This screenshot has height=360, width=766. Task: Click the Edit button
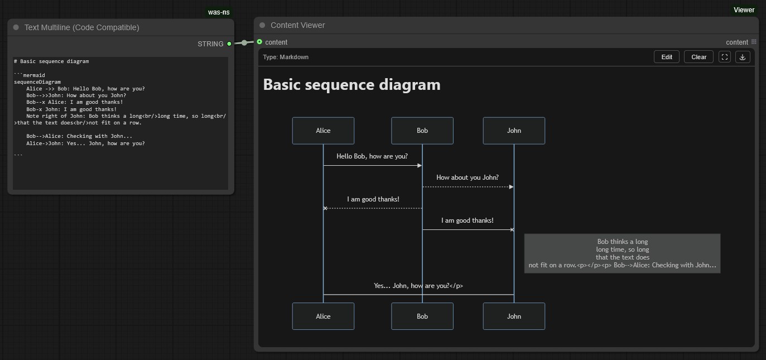[667, 57]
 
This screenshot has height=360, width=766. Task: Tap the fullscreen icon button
[725, 57]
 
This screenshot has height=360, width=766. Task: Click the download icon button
[743, 57]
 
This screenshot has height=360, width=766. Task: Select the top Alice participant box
[323, 131]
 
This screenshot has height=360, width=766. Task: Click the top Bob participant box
[422, 131]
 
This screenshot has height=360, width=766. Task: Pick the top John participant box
[514, 131]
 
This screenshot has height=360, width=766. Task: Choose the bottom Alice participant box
[323, 316]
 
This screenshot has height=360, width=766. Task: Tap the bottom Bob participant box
[422, 316]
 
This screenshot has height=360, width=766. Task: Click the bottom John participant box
[514, 316]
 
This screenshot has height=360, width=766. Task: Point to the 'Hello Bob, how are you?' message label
[372, 156]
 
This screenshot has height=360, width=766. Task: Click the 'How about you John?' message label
[468, 177]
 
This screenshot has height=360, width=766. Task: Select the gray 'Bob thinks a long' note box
[623, 253]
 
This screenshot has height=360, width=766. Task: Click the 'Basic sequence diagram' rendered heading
[351, 84]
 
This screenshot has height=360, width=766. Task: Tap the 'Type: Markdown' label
[286, 57]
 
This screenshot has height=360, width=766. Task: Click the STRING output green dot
[229, 44]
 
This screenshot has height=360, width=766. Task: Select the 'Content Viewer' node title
[297, 25]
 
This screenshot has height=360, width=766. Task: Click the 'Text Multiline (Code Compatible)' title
[81, 27]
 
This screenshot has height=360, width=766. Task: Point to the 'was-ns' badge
[219, 12]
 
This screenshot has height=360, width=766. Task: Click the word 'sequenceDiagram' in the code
[37, 82]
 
